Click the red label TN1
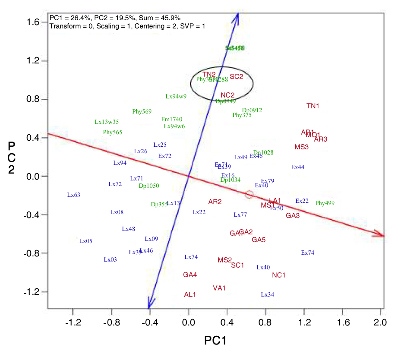(313, 106)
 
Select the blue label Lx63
(74, 195)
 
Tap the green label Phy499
(325, 203)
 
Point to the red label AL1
(190, 294)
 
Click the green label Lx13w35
(107, 122)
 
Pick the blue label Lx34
(267, 295)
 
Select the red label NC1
(279, 275)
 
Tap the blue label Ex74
(308, 253)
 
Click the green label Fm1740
(172, 120)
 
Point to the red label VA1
(219, 288)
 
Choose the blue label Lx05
(86, 241)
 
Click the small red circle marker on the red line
(249, 195)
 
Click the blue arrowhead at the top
(237, 16)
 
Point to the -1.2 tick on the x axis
(73, 322)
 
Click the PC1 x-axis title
(215, 341)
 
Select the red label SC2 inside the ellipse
(237, 77)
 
